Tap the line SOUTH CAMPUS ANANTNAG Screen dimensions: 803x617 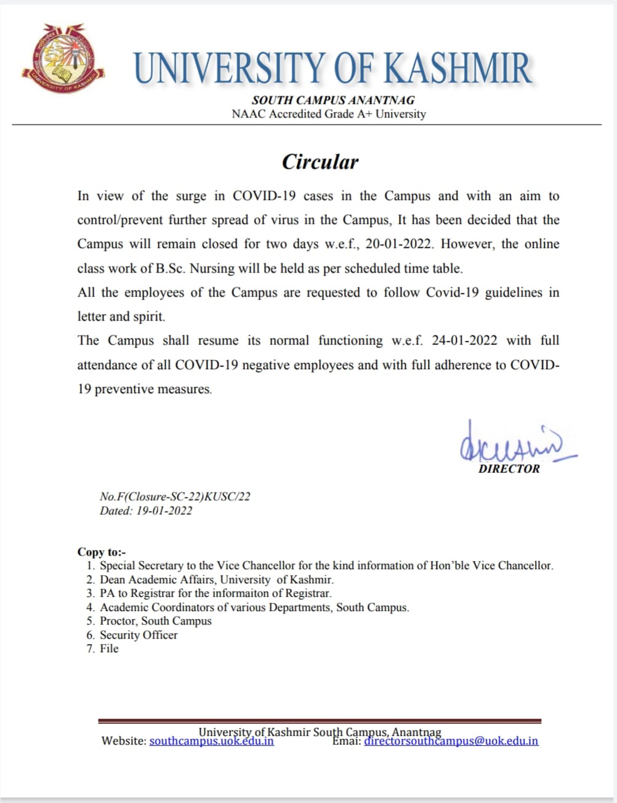333,100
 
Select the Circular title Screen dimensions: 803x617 320,162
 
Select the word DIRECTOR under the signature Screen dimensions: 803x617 509,469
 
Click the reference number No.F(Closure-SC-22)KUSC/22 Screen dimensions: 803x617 175,497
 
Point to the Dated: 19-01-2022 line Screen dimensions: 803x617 146,511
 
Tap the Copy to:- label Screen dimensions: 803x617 101,552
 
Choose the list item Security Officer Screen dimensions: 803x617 139,635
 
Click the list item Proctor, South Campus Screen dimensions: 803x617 155,621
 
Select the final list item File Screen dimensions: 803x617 109,649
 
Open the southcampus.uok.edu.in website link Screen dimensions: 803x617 211,741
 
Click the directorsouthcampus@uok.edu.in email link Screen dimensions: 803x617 451,741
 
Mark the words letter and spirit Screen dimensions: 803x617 121,316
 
